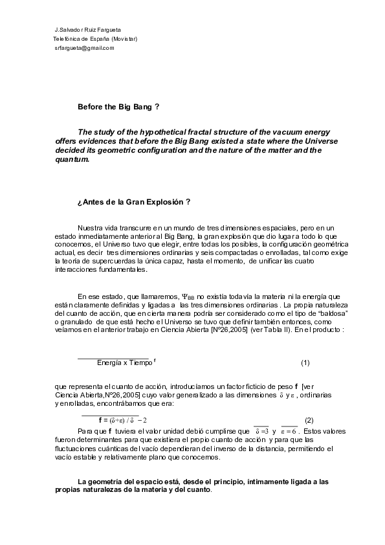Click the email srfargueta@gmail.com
(85, 47)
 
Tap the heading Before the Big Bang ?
(118, 106)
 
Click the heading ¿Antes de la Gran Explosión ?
(133, 202)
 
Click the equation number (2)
(309, 420)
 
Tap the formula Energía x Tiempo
(126, 362)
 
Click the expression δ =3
(262, 430)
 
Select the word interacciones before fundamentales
(76, 269)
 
